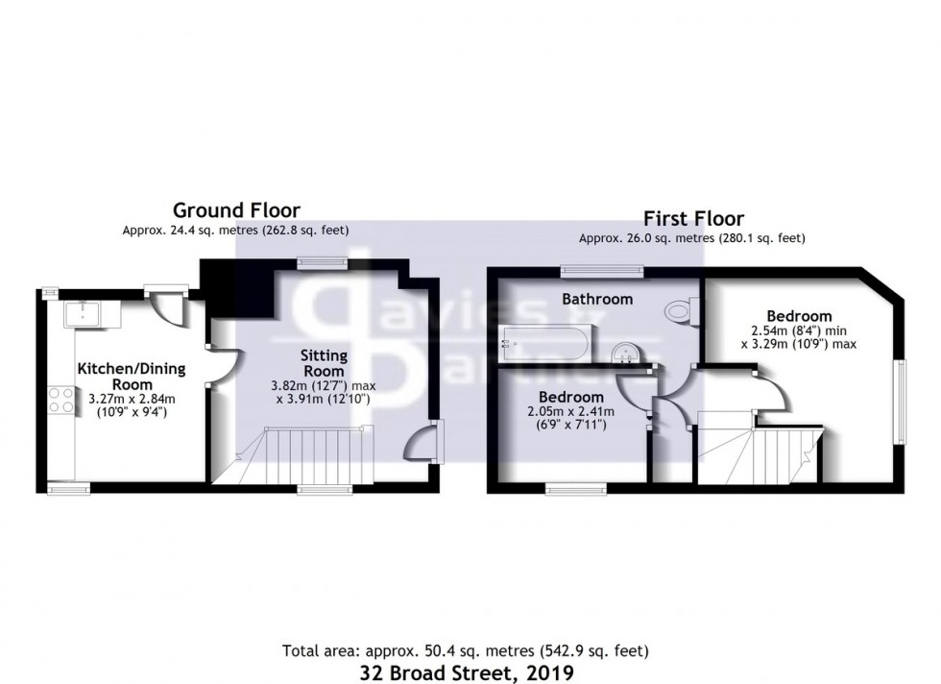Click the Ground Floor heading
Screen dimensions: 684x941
pyautogui.click(x=235, y=209)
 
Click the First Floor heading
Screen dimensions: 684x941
pyautogui.click(x=692, y=218)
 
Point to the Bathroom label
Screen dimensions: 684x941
pyautogui.click(x=597, y=299)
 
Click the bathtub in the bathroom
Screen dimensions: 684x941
pyautogui.click(x=546, y=342)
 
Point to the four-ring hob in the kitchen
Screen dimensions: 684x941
pyautogui.click(x=61, y=399)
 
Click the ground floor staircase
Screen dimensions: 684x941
pyautogui.click(x=307, y=456)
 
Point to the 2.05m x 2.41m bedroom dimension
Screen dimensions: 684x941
pyautogui.click(x=570, y=412)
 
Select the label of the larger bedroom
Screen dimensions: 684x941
pyautogui.click(x=799, y=316)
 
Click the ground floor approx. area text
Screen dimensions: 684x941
pyautogui.click(x=235, y=231)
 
